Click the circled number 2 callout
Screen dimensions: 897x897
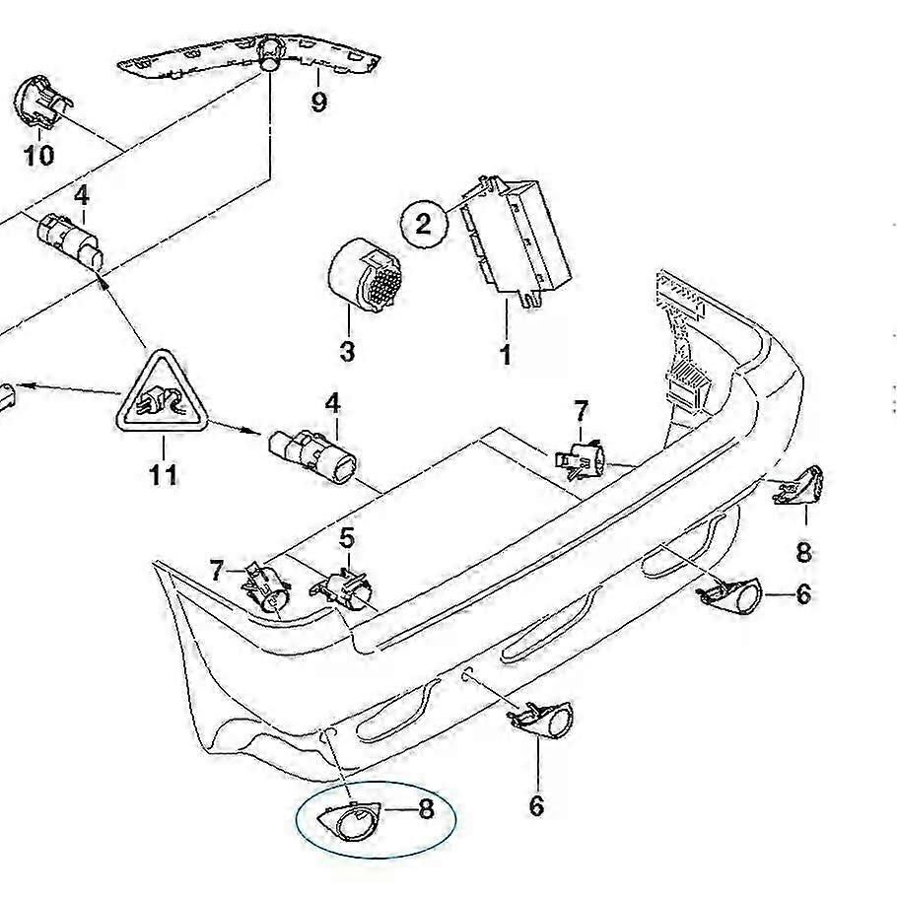coord(424,224)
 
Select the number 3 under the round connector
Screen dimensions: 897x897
coord(347,350)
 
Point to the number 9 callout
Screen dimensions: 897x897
coord(318,101)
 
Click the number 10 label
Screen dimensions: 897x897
coord(39,154)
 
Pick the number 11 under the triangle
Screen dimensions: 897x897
coord(164,474)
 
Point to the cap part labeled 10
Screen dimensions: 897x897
coord(40,102)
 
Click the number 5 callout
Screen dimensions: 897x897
coord(347,538)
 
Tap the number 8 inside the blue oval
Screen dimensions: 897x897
coord(426,809)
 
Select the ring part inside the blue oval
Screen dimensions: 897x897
coord(347,817)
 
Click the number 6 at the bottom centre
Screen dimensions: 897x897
coord(536,806)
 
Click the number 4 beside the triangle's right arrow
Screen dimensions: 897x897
coord(333,403)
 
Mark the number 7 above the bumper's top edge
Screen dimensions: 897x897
coord(581,410)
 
